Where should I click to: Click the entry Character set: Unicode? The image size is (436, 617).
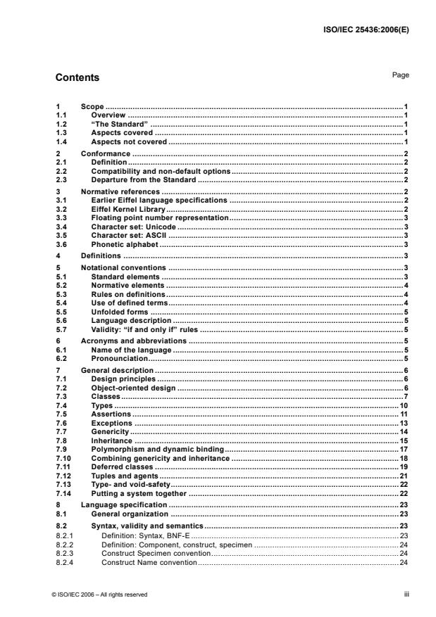coord(134,228)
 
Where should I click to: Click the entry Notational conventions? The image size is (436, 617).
coord(123,269)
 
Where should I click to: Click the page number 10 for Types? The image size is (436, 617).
coord(405,407)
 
